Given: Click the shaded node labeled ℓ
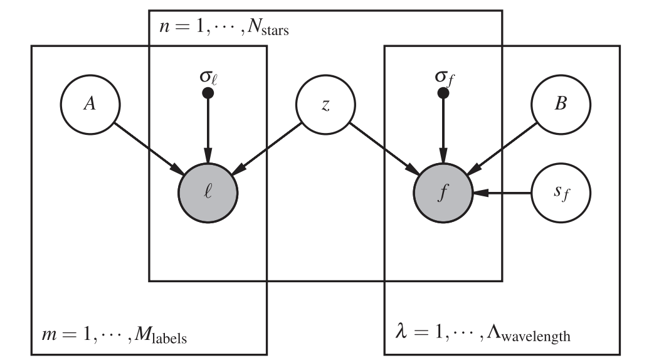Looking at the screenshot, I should (x=208, y=193).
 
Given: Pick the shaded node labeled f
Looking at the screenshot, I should (x=443, y=193).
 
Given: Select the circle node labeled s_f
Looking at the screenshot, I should (x=560, y=193).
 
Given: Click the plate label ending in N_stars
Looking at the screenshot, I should (x=220, y=29).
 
